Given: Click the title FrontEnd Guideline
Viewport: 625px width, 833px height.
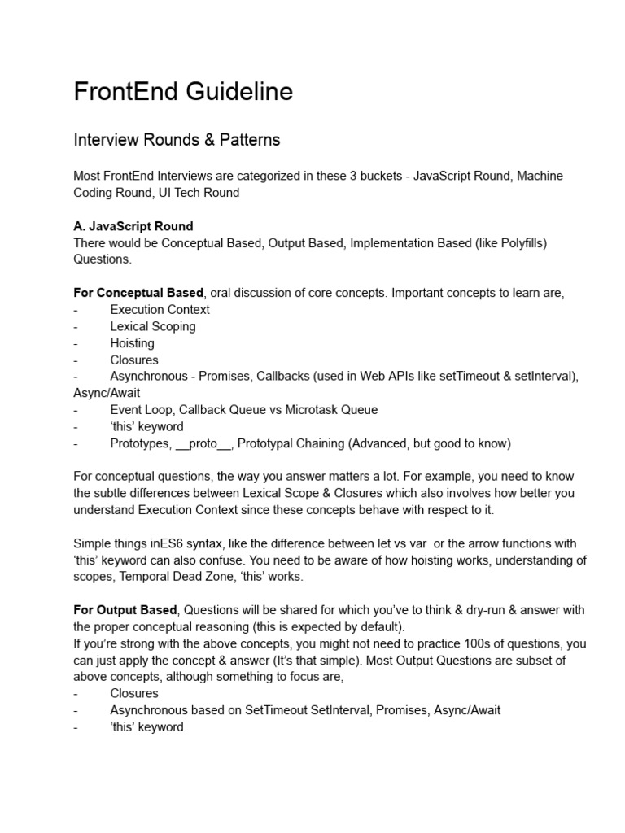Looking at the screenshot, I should click(183, 92).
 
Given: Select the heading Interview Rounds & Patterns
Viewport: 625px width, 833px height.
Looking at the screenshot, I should click(177, 140).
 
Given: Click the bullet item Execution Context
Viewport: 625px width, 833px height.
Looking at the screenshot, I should click(160, 309).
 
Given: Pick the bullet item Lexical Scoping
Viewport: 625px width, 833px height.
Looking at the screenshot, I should click(153, 326).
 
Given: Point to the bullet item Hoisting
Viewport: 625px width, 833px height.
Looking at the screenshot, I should click(132, 343).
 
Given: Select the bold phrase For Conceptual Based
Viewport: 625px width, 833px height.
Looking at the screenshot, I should click(138, 293).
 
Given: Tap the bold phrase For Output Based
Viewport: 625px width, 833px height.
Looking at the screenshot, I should click(125, 610).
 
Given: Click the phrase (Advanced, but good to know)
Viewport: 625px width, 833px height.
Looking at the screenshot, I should click(417, 443).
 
